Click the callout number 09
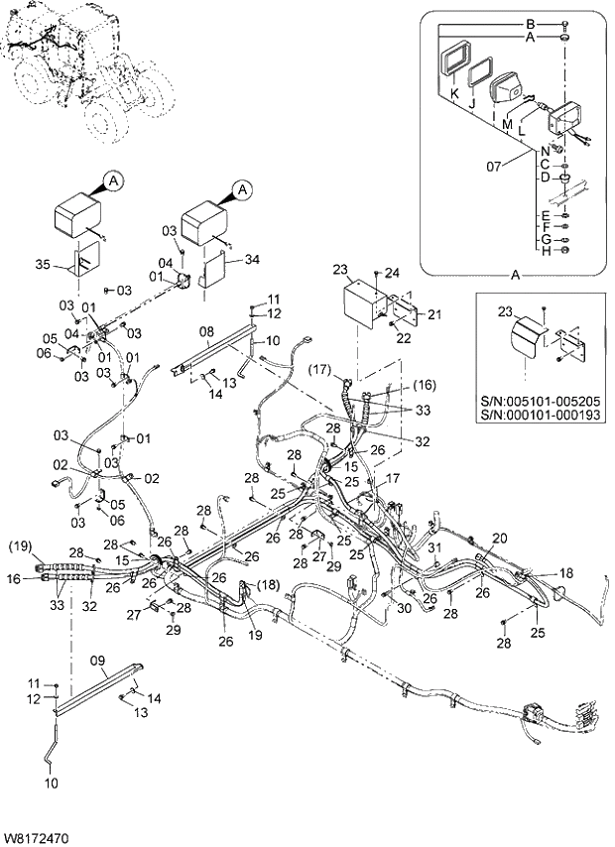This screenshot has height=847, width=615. [97, 659]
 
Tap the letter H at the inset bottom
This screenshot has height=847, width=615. [545, 252]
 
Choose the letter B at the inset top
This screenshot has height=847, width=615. [530, 23]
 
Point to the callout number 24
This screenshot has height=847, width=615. [392, 273]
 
